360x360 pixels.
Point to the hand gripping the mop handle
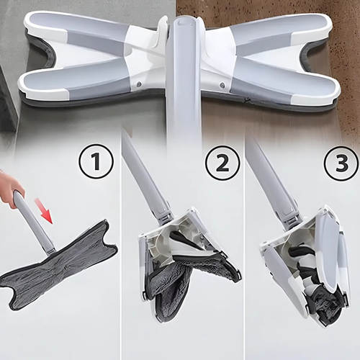point(11,189)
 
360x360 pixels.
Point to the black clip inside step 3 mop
point(302,277)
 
